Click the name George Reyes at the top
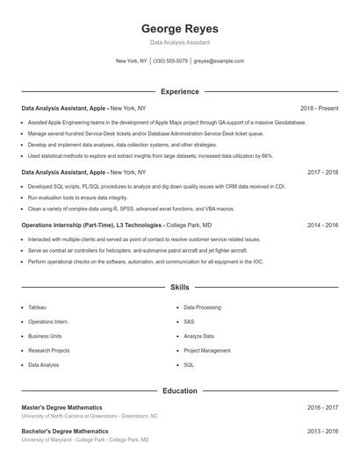pyautogui.click(x=179, y=28)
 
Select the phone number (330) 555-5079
pyautogui.click(x=170, y=61)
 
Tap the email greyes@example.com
pyautogui.click(x=219, y=61)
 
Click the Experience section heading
pyautogui.click(x=179, y=91)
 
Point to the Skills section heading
pyautogui.click(x=179, y=287)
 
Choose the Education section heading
pyautogui.click(x=179, y=390)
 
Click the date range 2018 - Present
pyautogui.click(x=319, y=108)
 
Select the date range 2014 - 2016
pyautogui.click(x=322, y=225)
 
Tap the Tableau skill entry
pyautogui.click(x=38, y=308)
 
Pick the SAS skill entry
pyautogui.click(x=189, y=322)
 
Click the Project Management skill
pyautogui.click(x=207, y=350)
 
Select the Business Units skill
pyautogui.click(x=45, y=336)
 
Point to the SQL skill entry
pyautogui.click(x=189, y=364)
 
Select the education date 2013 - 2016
pyautogui.click(x=322, y=432)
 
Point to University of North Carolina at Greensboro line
pyautogui.click(x=90, y=416)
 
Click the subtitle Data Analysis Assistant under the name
pyautogui.click(x=179, y=42)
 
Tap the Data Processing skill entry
pyautogui.click(x=202, y=308)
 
